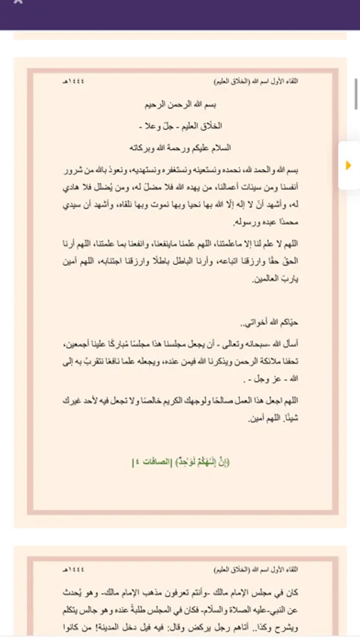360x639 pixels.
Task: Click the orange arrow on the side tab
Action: click(x=348, y=165)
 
